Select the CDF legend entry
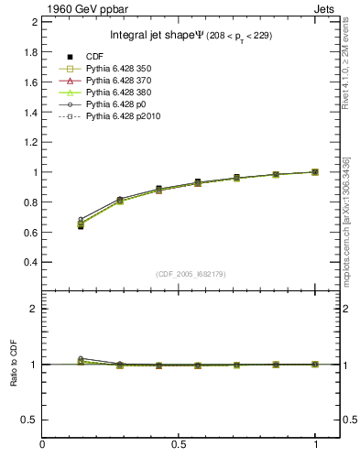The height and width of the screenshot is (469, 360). (92, 58)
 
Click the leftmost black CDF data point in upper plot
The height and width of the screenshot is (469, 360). (56, 226)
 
